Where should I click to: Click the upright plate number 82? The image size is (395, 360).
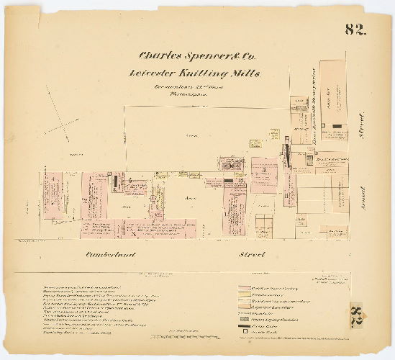(355, 30)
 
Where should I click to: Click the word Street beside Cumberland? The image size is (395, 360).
(255, 253)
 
